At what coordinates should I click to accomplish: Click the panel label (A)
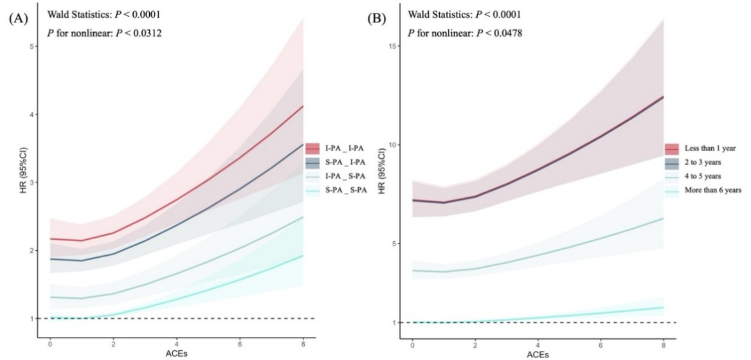click(17, 19)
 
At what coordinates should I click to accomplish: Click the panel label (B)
click(375, 19)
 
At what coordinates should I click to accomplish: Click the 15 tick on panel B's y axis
click(392, 46)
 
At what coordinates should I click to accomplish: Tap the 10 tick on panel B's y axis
click(392, 145)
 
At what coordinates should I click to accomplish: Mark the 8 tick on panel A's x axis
click(303, 344)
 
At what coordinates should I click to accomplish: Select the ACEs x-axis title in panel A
click(176, 354)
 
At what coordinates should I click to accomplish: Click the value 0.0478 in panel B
click(502, 33)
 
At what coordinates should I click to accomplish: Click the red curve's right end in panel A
click(303, 106)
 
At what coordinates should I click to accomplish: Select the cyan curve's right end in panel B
click(663, 307)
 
